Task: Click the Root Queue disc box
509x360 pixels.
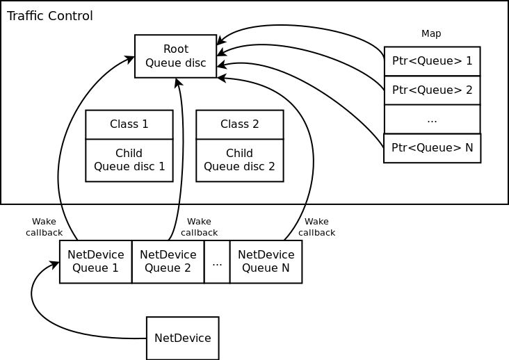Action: click(175, 56)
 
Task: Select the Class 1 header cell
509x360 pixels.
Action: click(129, 124)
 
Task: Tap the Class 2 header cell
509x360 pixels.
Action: click(239, 124)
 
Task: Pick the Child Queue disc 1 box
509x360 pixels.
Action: click(129, 160)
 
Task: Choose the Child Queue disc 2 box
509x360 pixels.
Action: click(239, 160)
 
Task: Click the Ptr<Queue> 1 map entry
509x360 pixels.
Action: click(432, 61)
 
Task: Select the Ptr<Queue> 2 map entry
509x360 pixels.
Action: click(432, 90)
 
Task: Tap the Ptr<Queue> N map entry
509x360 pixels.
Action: click(432, 148)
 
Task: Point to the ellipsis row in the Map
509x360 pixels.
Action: click(432, 119)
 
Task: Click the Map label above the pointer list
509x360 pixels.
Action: click(431, 33)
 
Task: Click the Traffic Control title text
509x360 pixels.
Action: click(49, 16)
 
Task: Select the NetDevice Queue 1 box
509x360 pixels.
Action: click(95, 261)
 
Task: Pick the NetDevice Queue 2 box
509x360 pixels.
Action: click(168, 261)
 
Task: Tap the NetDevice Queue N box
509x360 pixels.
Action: click(266, 261)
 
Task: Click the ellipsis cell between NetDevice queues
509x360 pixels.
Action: click(217, 261)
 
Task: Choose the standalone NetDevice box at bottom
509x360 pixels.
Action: click(182, 338)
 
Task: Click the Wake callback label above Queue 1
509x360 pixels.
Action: click(44, 227)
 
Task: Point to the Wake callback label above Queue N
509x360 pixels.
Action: click(316, 227)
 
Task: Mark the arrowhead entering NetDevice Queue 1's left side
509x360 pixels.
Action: click(55, 265)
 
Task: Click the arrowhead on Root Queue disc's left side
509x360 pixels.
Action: click(130, 59)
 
